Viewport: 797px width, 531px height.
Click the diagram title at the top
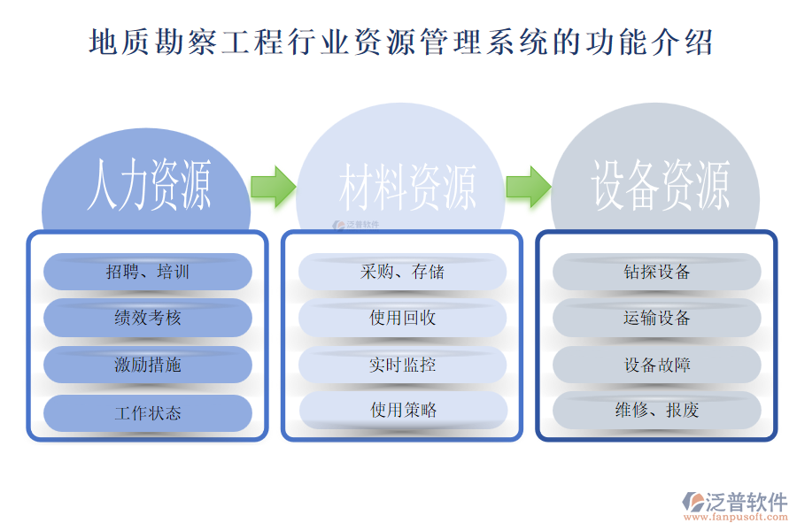[x=400, y=42]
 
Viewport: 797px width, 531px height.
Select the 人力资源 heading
[x=149, y=186]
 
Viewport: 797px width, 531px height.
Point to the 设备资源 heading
[x=660, y=186]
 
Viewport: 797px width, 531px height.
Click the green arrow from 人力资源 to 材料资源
[x=273, y=186]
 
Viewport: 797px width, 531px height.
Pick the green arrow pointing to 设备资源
[x=529, y=186]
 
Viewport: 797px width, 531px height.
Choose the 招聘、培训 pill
[x=148, y=272]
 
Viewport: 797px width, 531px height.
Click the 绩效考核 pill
[x=148, y=318]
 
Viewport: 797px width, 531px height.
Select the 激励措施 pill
[x=148, y=365]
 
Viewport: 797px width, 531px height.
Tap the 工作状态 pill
[x=148, y=412]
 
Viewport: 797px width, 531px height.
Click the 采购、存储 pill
[x=403, y=272]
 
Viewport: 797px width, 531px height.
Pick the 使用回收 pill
[x=403, y=318]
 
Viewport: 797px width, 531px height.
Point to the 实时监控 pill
[x=403, y=365]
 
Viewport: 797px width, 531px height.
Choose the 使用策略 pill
[x=403, y=411]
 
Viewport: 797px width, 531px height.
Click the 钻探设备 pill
[x=657, y=272]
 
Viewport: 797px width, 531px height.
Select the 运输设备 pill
[x=657, y=318]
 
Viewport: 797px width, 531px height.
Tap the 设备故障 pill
[x=657, y=365]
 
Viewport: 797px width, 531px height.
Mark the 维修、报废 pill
[x=657, y=411]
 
